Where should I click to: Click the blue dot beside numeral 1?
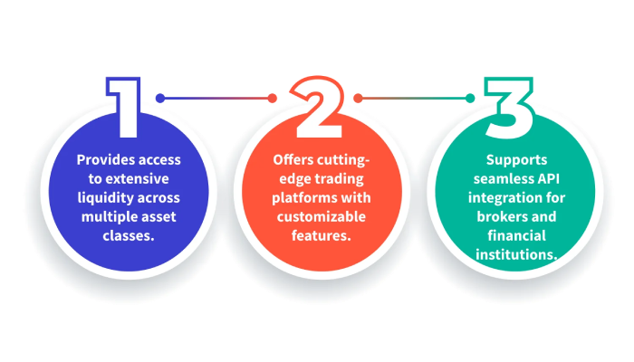point(160,98)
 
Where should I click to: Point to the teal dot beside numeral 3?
point(469,98)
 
